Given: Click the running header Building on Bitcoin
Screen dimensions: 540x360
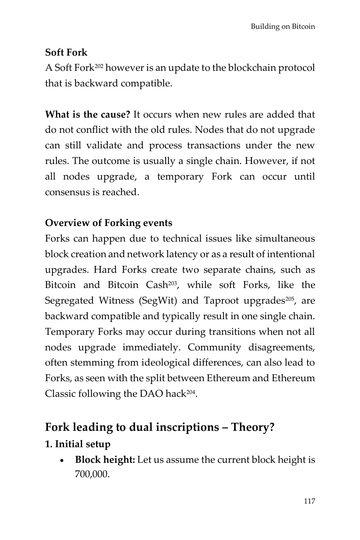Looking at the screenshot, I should click(283, 27).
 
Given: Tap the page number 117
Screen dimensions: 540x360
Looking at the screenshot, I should click(309, 501).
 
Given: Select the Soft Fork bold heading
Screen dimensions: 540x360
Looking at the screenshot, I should click(66, 52).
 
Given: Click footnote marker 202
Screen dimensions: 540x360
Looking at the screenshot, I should click(99, 66).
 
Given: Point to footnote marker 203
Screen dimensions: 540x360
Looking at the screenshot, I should click(172, 283).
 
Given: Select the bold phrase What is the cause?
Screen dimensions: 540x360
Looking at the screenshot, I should click(88, 115).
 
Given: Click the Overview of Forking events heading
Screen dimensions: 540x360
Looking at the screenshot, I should click(109, 223).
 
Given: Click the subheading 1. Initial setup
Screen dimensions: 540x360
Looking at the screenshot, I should click(78, 444).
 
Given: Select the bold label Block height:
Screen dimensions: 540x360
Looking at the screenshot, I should click(105, 460).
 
